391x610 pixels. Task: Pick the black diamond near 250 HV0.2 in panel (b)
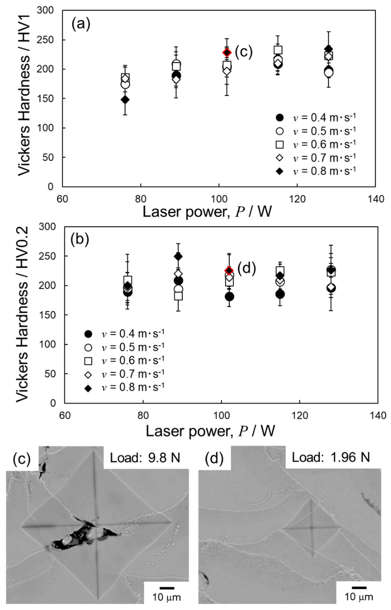pos(178,256)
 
